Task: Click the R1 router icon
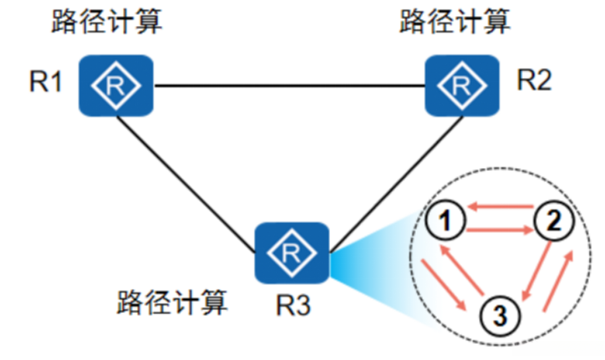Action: coord(116,85)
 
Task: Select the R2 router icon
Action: coord(462,85)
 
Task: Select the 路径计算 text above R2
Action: coord(456,23)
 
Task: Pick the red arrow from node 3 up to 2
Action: coord(558,280)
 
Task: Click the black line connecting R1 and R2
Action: coord(290,85)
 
